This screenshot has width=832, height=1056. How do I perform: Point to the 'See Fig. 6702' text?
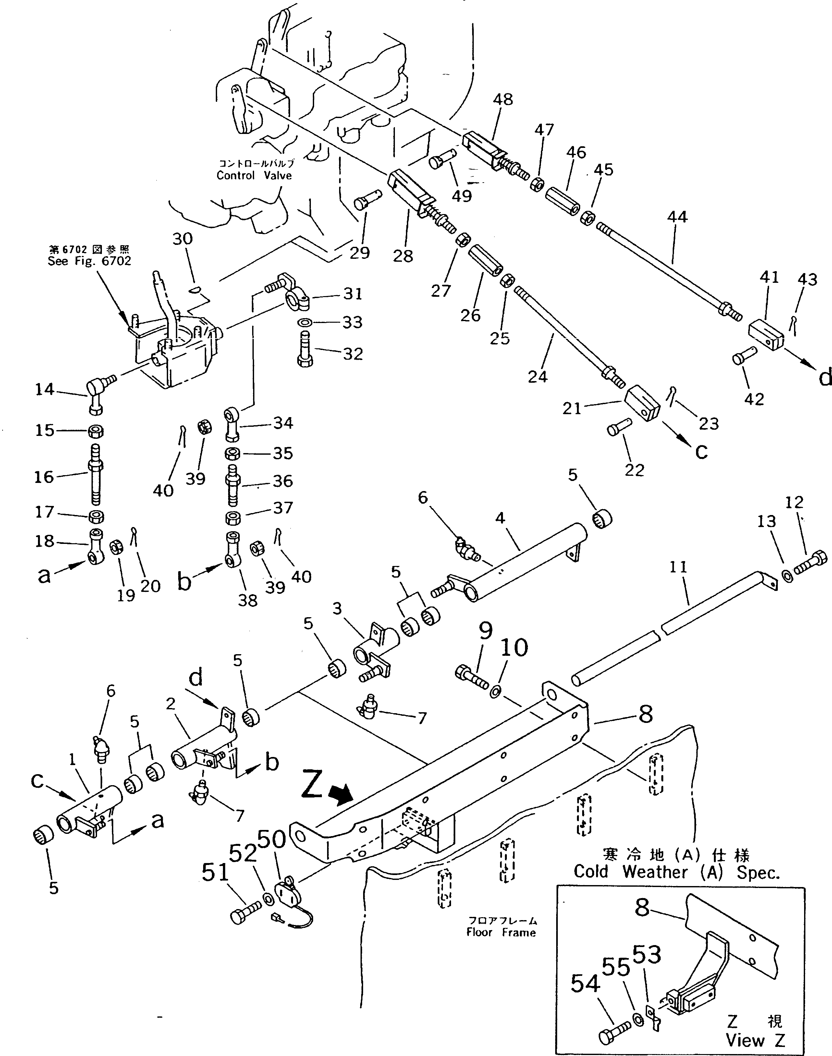tap(89, 261)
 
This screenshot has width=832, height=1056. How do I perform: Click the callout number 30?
tap(183, 239)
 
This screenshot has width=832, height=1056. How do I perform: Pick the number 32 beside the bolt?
tap(353, 354)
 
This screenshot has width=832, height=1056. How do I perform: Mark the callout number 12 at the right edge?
tap(794, 502)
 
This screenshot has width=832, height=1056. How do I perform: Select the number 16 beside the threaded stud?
tap(44, 477)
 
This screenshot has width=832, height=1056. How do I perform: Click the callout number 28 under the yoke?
tap(403, 256)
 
